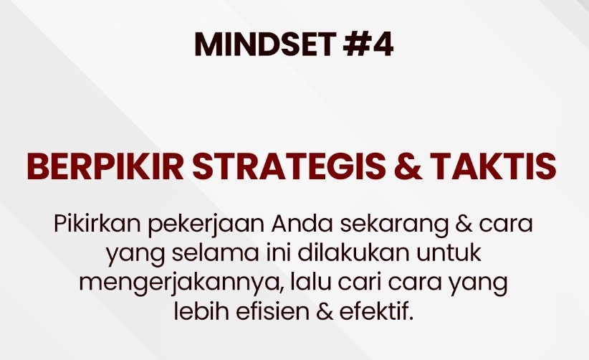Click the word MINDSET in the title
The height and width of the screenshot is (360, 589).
[x=265, y=44]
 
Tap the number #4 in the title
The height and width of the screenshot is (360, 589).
[x=368, y=44]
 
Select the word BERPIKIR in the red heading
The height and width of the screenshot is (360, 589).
[x=105, y=166]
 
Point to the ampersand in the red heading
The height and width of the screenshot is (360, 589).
[x=408, y=166]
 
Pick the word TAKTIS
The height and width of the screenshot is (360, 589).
[x=493, y=166]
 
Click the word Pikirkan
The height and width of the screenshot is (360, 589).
[x=97, y=224]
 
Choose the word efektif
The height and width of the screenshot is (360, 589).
[x=377, y=312]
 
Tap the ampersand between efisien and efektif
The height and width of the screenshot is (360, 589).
[x=325, y=312]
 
